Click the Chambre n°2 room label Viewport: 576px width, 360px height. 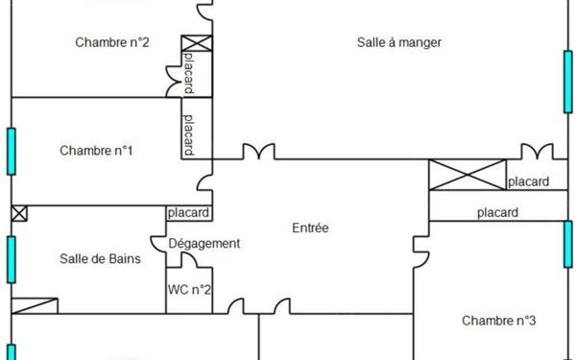click(x=110, y=42)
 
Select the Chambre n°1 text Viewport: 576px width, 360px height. click(x=96, y=151)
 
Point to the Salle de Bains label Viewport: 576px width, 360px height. click(x=101, y=258)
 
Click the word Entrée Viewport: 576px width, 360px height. click(x=310, y=228)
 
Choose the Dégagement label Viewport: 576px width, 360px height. click(x=204, y=244)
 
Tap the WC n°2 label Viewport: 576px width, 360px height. click(x=189, y=289)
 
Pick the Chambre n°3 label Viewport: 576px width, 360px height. click(x=498, y=320)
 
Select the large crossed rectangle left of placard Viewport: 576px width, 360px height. click(x=467, y=176)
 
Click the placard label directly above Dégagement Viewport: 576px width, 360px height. click(x=188, y=213)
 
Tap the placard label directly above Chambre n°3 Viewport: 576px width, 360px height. click(x=497, y=212)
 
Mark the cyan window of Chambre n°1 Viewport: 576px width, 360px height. click(x=12, y=151)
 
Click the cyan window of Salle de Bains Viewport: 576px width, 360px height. click(x=12, y=258)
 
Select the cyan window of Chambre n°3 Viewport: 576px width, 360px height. click(x=567, y=245)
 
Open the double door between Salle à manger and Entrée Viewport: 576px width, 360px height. click(x=258, y=152)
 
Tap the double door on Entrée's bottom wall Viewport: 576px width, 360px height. click(x=258, y=306)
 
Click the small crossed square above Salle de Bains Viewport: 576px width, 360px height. click(x=19, y=213)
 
